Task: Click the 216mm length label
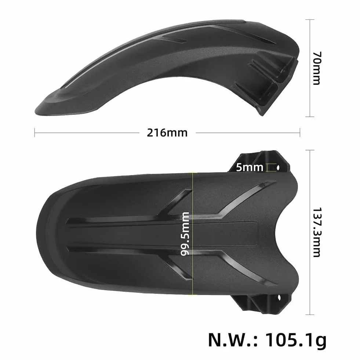click(x=167, y=133)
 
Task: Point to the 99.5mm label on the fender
click(x=185, y=234)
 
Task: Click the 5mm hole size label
click(x=250, y=168)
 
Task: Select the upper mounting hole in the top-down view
click(x=278, y=168)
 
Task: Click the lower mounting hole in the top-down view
click(x=279, y=298)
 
